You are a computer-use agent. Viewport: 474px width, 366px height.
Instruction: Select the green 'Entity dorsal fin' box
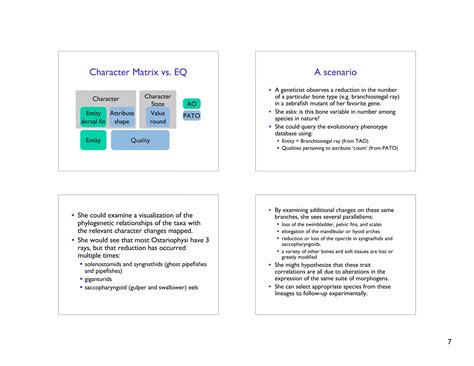click(93, 117)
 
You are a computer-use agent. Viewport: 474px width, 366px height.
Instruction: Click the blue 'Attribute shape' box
click(122, 117)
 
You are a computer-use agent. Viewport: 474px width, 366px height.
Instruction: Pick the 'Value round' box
click(158, 117)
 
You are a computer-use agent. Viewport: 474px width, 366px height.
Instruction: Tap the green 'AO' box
click(192, 103)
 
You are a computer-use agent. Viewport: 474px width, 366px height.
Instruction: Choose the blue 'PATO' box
click(192, 116)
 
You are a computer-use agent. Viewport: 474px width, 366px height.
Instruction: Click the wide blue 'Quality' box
click(140, 141)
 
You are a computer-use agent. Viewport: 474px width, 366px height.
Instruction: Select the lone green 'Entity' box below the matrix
click(93, 141)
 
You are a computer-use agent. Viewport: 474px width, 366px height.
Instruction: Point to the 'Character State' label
click(158, 99)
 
